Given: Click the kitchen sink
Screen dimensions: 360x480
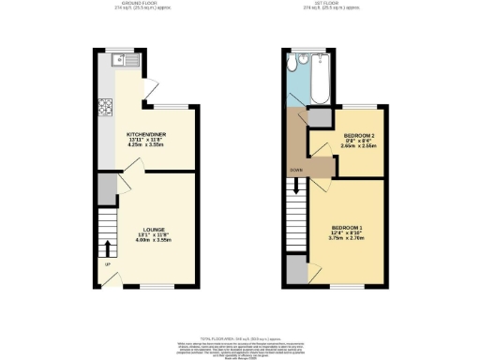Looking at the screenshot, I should pyautogui.click(x=122, y=62).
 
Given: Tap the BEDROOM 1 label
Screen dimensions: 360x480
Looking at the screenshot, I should pyautogui.click(x=346, y=228).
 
